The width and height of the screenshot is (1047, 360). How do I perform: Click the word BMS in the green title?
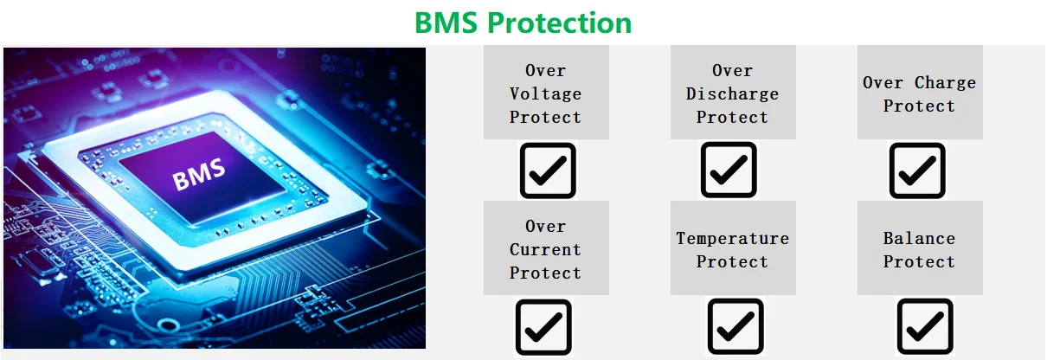pos(446,22)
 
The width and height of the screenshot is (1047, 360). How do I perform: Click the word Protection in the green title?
pos(559,22)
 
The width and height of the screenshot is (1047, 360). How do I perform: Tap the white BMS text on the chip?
pos(199,175)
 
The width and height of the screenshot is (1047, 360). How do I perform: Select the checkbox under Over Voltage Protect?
pos(548,170)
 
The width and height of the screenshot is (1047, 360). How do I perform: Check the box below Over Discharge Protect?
pos(729,170)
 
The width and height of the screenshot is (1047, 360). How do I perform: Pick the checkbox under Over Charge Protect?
pos(917,170)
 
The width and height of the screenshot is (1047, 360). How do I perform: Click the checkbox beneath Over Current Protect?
pos(543,327)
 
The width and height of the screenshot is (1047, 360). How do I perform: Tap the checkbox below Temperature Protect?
pos(735,326)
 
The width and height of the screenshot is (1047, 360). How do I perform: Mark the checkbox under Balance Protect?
pos(925,326)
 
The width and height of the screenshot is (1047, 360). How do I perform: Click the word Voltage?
pos(545,94)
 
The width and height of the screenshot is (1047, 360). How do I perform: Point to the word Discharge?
pos(732,94)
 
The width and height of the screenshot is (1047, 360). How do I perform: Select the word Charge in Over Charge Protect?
pos(945,83)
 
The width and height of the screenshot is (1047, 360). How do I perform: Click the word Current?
pos(545,249)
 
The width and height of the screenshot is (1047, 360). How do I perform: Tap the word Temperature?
pos(732,239)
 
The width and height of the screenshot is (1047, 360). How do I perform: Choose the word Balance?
pos(919,239)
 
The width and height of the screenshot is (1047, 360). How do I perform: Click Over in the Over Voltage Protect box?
pos(545,71)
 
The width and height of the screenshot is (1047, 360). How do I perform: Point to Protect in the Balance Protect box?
pos(919,262)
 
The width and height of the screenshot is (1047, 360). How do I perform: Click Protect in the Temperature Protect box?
pos(732,262)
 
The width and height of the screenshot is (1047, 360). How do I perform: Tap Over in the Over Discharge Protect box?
pos(732,71)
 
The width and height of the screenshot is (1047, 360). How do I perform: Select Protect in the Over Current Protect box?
pos(545,273)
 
